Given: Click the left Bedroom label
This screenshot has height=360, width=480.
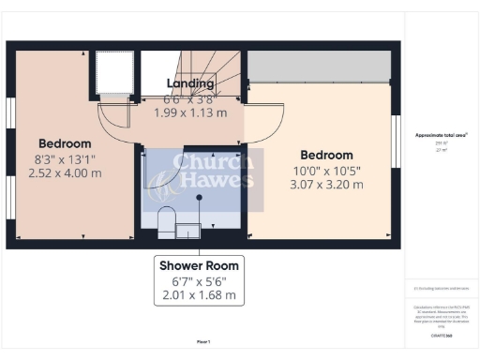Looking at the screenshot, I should pyautogui.click(x=65, y=144).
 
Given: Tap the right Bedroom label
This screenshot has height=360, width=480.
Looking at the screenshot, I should pyautogui.click(x=325, y=155).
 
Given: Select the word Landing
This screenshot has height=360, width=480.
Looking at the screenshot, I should pyautogui.click(x=190, y=83).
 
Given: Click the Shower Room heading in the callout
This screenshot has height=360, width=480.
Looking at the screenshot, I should pyautogui.click(x=197, y=264).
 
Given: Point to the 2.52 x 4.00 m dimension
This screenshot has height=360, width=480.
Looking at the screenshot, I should pyautogui.click(x=65, y=172).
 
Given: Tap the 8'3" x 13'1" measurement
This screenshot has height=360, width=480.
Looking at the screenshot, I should pyautogui.click(x=65, y=158).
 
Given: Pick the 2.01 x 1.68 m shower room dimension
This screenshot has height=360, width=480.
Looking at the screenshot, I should pyautogui.click(x=197, y=294).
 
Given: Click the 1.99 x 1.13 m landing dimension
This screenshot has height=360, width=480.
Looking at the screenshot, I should pyautogui.click(x=190, y=112).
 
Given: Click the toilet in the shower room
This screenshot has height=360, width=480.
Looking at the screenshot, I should pyautogui.click(x=166, y=221).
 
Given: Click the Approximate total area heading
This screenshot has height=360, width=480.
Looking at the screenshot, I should pyautogui.click(x=441, y=135).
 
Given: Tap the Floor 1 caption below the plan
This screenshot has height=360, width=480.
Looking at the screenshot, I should pyautogui.click(x=203, y=341).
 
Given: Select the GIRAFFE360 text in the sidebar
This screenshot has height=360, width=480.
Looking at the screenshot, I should pyautogui.click(x=441, y=334).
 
